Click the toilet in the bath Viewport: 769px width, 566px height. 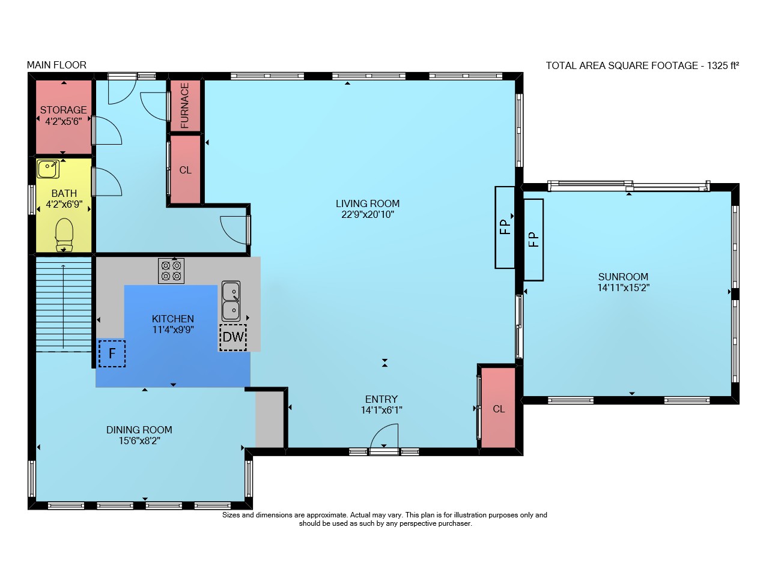[64, 235]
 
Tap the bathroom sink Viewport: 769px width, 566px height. [48, 169]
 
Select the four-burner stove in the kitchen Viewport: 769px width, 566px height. [171, 271]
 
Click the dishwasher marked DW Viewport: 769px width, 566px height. [233, 337]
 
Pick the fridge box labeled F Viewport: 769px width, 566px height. [112, 354]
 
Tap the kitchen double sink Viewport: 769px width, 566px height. [231, 301]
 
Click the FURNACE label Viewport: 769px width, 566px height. [184, 106]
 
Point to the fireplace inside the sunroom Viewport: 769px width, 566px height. [533, 239]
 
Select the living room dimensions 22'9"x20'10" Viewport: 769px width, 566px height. [368, 215]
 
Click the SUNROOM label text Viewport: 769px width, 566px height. [624, 277]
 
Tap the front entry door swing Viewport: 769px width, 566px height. [384, 436]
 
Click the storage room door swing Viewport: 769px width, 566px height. [107, 130]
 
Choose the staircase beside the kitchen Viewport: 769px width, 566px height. [64, 304]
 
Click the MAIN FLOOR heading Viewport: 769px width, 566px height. [56, 65]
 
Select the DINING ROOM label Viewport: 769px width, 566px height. [139, 430]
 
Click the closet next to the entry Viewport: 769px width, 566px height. [498, 408]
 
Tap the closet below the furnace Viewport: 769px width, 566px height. [186, 169]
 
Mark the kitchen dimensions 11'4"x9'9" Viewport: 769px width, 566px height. [173, 330]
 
